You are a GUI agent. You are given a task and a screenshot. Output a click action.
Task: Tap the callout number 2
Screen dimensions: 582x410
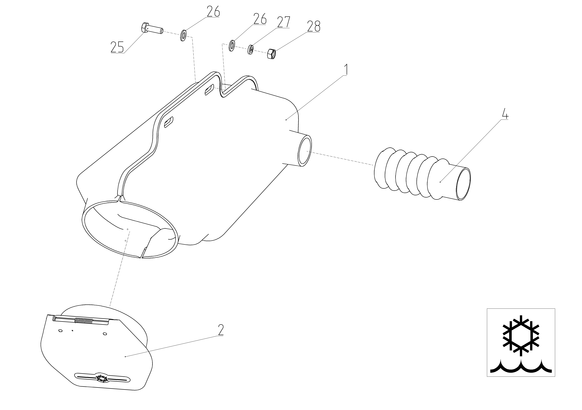(221, 330)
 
